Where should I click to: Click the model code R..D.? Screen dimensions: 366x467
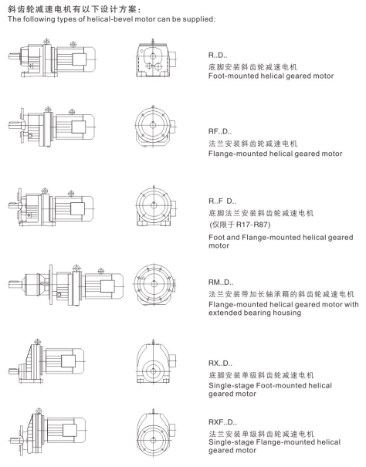coord(218,55)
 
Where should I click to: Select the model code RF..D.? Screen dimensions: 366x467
coord(220,131)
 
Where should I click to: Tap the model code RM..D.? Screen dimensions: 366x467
coord(221,282)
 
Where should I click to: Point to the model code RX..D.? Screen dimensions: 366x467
coord(220,364)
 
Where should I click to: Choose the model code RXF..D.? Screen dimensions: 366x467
coord(222,422)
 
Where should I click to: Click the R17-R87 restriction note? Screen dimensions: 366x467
coord(240,225)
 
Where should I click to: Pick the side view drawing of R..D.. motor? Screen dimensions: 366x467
coord(52,58)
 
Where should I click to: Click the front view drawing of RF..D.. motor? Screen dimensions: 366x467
coord(155,126)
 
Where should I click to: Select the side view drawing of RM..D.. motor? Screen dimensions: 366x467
coord(66,285)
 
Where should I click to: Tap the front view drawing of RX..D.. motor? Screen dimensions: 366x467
coord(157,361)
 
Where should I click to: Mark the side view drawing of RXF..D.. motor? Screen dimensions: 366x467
coord(48,431)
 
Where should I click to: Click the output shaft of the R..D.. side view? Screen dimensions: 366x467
coord(15,56)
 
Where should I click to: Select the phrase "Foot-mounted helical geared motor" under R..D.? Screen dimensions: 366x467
coord(271,76)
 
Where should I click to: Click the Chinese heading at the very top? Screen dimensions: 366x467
coord(74,9)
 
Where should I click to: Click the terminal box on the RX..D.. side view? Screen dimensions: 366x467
coord(68,361)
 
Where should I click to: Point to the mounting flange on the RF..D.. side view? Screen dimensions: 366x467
coord(22,125)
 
